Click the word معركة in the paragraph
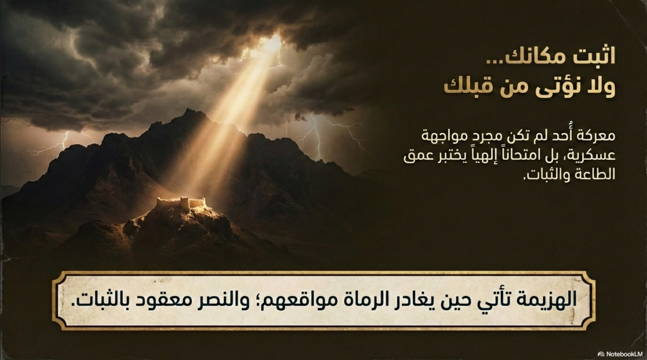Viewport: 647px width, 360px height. (x=595, y=135)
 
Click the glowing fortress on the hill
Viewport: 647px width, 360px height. (x=181, y=204)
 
